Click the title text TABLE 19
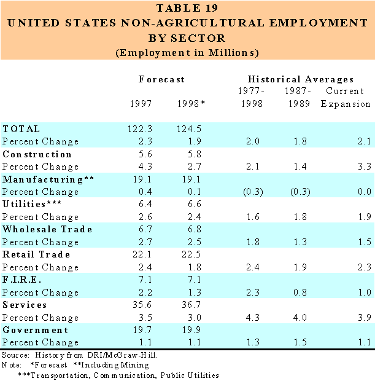(187, 8)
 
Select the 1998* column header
(189, 103)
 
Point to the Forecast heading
(161, 79)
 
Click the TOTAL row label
(21, 129)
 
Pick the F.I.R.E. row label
(22, 280)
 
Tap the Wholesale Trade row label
(48, 229)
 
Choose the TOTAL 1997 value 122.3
(137, 129)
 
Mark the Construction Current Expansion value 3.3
(364, 167)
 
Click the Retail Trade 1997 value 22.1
(140, 254)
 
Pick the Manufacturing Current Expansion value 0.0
(364, 192)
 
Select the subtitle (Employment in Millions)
(187, 52)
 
